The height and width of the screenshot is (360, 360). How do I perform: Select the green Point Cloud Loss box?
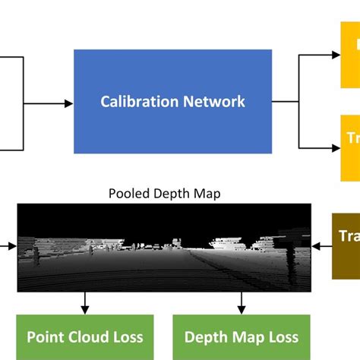coord(84,337)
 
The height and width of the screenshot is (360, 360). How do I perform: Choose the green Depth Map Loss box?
coord(241,337)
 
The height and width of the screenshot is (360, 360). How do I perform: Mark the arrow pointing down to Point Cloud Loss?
coord(84,304)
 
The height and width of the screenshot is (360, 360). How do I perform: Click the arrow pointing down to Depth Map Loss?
coord(241,304)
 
